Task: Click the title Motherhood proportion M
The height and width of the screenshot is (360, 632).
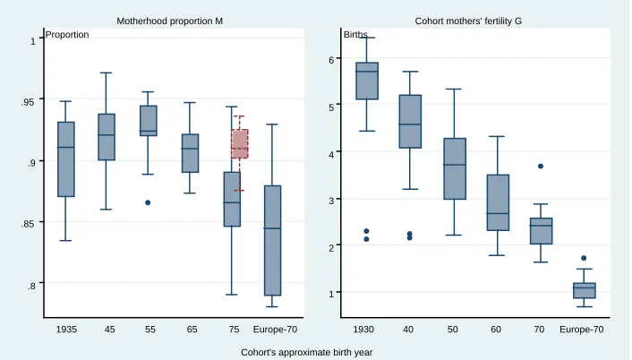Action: pos(170,21)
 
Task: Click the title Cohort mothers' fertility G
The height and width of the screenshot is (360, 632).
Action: pos(468,21)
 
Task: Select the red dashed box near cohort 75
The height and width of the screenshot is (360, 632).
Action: pos(239,143)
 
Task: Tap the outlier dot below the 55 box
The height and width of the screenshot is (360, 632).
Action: pos(148,202)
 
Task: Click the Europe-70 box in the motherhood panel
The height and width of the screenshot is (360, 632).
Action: pos(272,241)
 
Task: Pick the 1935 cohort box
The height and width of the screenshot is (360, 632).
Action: pos(66,159)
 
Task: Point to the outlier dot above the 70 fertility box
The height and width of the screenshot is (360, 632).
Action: pos(541,166)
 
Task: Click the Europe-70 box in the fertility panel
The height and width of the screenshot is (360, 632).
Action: pos(584,290)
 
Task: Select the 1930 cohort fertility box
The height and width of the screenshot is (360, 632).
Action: pos(367,81)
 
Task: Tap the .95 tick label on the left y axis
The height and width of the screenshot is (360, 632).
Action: pos(28,101)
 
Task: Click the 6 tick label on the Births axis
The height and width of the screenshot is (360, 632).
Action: pos(332,60)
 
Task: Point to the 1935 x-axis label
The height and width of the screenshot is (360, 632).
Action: pos(66,330)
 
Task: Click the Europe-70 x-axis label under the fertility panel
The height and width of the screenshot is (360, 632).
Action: pos(582,330)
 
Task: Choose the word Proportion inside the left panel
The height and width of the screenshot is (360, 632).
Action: pos(67,35)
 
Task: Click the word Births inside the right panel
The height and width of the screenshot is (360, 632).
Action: pos(355,35)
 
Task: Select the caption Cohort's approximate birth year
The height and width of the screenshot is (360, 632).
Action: pos(307,352)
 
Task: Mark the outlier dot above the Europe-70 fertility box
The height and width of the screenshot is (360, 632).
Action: pos(584,258)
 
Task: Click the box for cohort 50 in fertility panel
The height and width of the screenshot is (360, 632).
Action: pos(455,168)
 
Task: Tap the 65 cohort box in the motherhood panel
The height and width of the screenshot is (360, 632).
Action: pos(191,153)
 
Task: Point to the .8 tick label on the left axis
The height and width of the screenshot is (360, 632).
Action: pos(31,287)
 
